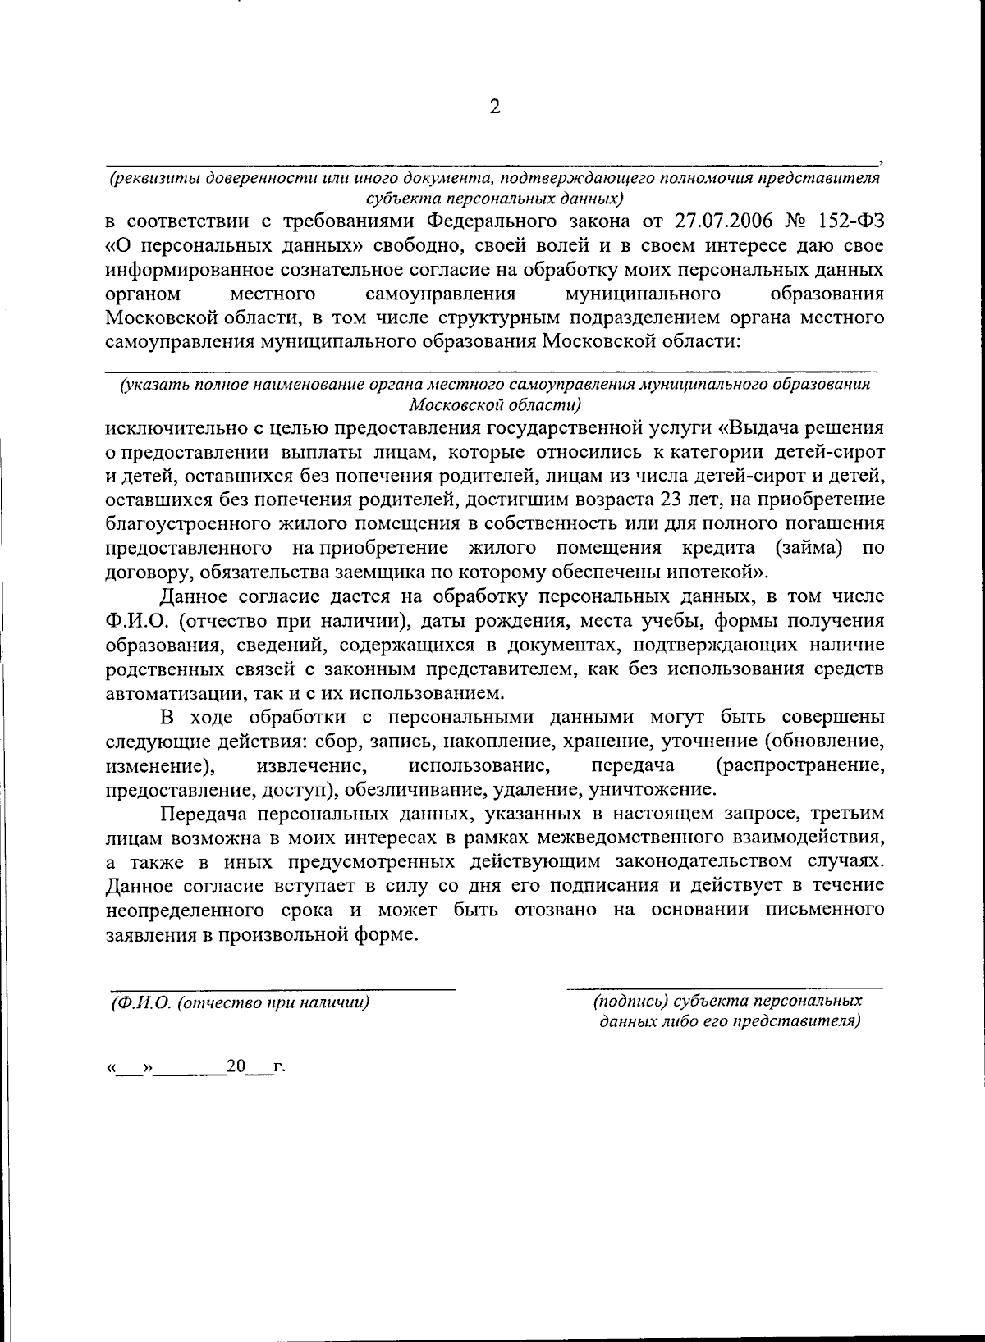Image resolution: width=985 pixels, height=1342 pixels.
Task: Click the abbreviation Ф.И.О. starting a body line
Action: (134, 621)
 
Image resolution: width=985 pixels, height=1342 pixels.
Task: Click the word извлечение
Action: (311, 766)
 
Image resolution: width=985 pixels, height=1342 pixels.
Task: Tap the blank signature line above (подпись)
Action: (724, 988)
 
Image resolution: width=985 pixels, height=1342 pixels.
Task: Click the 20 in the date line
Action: (236, 1066)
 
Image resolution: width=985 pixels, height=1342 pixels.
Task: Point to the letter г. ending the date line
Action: (279, 1067)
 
